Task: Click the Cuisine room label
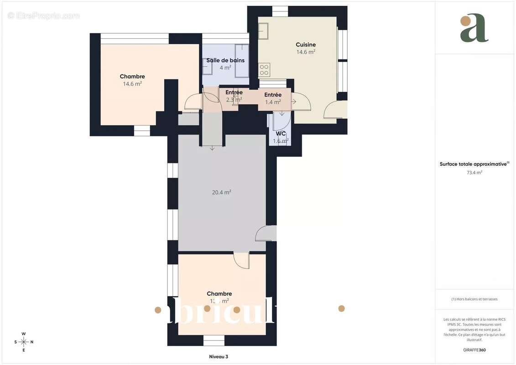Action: click(306, 45)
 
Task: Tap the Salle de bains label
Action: click(225, 60)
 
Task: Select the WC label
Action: click(281, 134)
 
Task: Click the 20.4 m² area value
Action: click(221, 193)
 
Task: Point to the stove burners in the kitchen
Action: click(264, 70)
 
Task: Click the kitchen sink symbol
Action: click(263, 31)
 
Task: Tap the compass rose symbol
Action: click(24, 341)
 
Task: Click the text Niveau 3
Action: click(214, 356)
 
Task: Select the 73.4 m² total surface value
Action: click(474, 172)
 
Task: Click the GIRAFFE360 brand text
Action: click(474, 350)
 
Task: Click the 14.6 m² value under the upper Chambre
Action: click(132, 84)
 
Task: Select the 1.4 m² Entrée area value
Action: click(273, 102)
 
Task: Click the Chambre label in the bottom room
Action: click(219, 294)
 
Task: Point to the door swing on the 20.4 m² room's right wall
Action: click(266, 233)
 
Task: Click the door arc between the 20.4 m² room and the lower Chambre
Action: click(242, 260)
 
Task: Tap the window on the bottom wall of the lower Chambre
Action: click(214, 340)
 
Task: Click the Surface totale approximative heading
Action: click(474, 164)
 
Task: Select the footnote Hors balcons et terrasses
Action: click(474, 299)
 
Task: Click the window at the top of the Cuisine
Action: click(280, 10)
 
